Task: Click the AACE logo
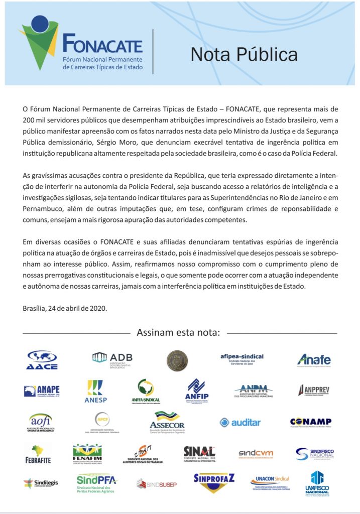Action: point(42,360)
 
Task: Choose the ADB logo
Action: point(112,359)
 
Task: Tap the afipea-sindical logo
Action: point(242,359)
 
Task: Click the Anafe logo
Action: point(314,360)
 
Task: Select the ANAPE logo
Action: point(42,391)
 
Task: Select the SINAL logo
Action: point(199,453)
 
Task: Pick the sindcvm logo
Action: point(256,453)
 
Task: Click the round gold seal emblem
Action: point(177,360)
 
